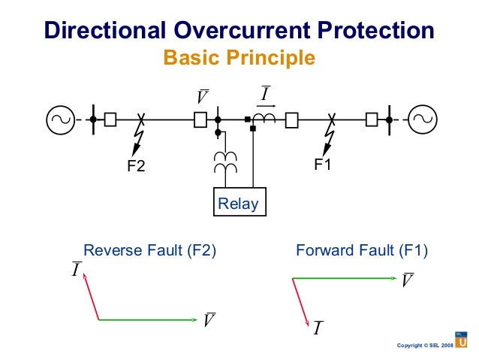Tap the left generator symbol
(x=60, y=119)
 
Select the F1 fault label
(x=323, y=165)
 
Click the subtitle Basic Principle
(x=239, y=57)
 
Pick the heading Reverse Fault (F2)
(x=149, y=252)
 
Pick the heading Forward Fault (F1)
(x=363, y=252)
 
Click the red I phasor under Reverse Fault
(x=91, y=296)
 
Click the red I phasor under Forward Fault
(x=300, y=301)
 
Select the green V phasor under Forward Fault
(x=343, y=278)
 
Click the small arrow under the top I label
(x=265, y=106)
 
